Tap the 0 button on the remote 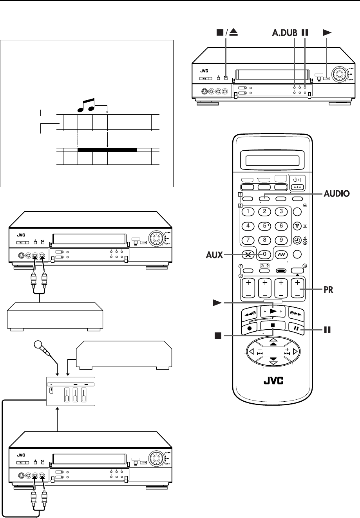point(265,254)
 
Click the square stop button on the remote point(273,325)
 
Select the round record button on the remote point(249,328)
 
